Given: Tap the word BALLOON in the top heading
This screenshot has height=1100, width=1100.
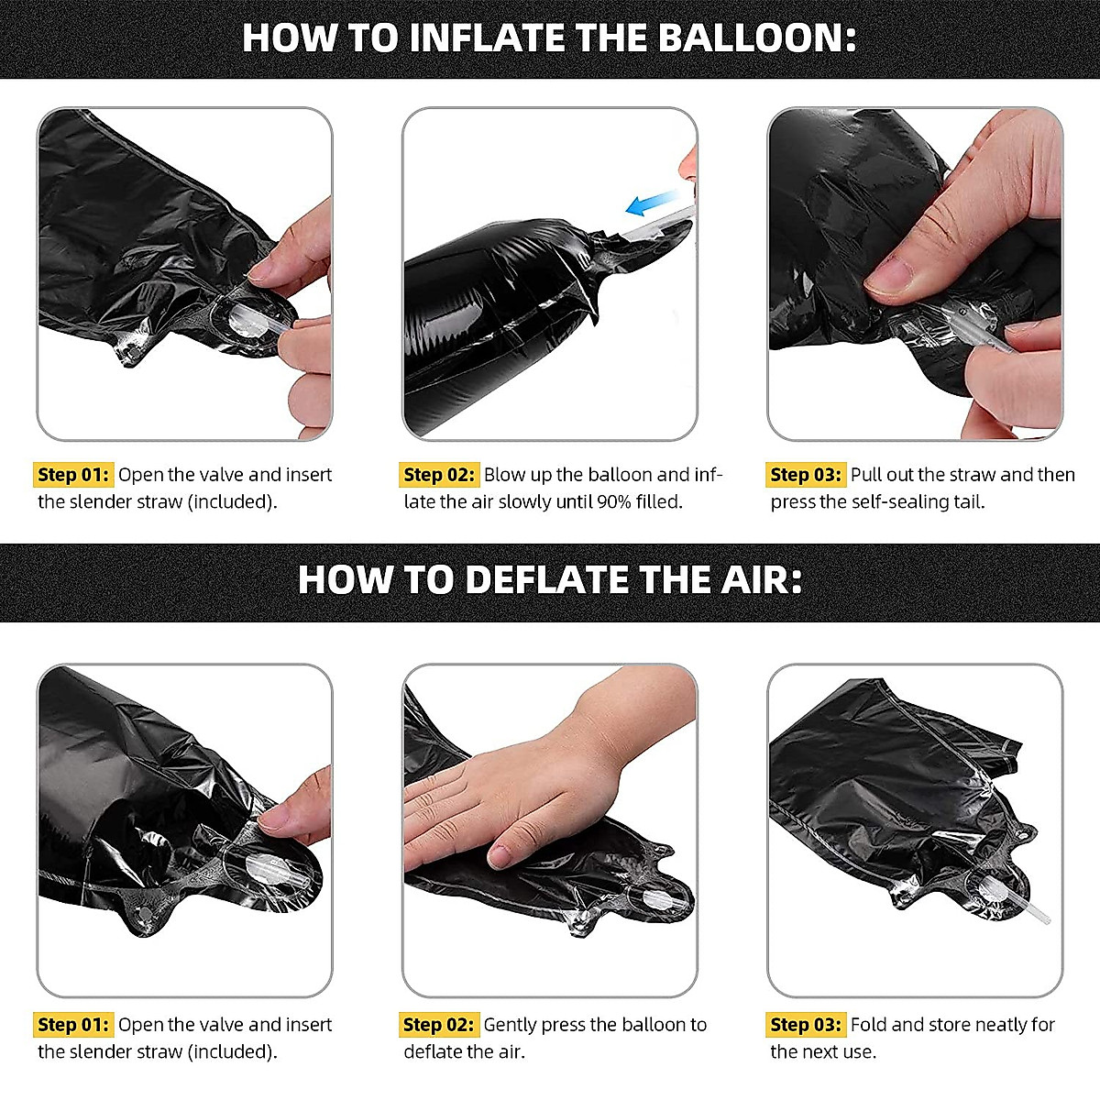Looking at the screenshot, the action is click(x=757, y=38).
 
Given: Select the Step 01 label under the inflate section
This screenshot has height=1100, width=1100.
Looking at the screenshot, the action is click(x=73, y=475).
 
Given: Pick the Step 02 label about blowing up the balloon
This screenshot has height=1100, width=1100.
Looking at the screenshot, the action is click(x=439, y=475).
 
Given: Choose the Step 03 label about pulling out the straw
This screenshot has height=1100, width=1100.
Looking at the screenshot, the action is click(x=806, y=475).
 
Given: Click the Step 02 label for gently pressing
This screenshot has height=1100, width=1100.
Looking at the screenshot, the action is click(x=439, y=1025).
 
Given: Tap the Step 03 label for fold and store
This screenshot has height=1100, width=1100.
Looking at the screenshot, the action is click(x=806, y=1025).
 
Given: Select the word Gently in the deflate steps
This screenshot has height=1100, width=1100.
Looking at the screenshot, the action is click(x=511, y=1026).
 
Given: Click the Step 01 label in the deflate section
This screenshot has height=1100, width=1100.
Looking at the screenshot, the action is click(x=73, y=1025).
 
